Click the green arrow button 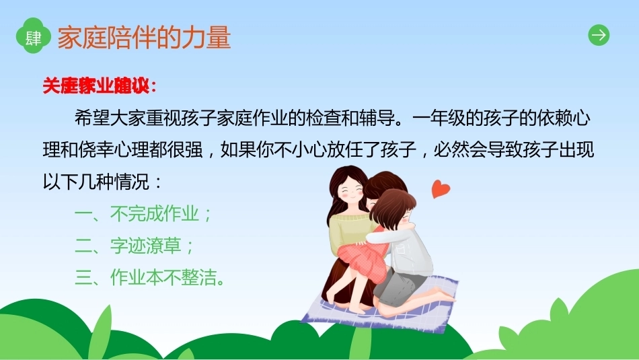click(x=599, y=35)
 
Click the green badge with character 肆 click(x=33, y=36)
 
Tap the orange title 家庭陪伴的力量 click(x=144, y=37)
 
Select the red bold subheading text click(x=100, y=85)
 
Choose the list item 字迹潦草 click(x=145, y=246)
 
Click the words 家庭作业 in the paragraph click(x=252, y=118)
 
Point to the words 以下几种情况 click(x=96, y=182)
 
